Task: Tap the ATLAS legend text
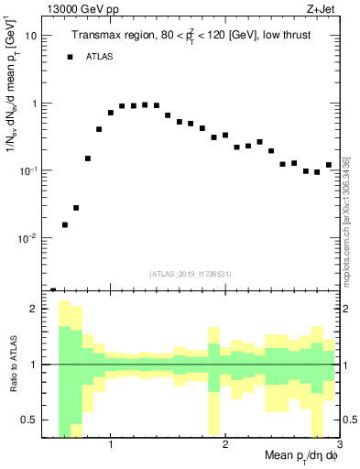(101, 57)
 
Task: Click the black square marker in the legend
(70, 57)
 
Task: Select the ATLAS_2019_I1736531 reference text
(190, 272)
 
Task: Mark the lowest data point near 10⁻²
(65, 224)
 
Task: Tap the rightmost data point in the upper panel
(328, 165)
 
